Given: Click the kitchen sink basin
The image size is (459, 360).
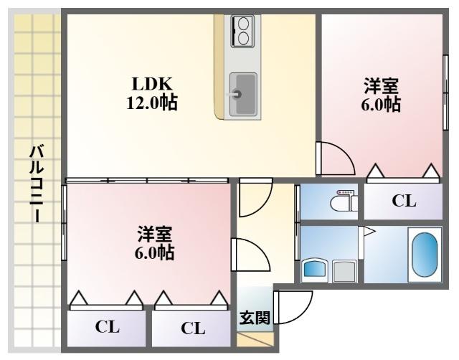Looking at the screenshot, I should pos(243,94).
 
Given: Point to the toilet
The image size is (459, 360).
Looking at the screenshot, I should pos(344,202).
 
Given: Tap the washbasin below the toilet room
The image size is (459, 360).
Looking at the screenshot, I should pos(315,270).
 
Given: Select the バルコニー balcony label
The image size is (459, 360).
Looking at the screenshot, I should pos(34,183).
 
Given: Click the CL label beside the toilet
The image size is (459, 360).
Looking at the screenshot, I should pos(403,202).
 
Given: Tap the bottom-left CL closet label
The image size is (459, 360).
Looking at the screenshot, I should pos(108,328).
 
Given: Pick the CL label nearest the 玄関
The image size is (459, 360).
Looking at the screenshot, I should pos(192,328).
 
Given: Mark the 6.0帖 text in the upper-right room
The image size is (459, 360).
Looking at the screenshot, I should pos(381,105).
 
